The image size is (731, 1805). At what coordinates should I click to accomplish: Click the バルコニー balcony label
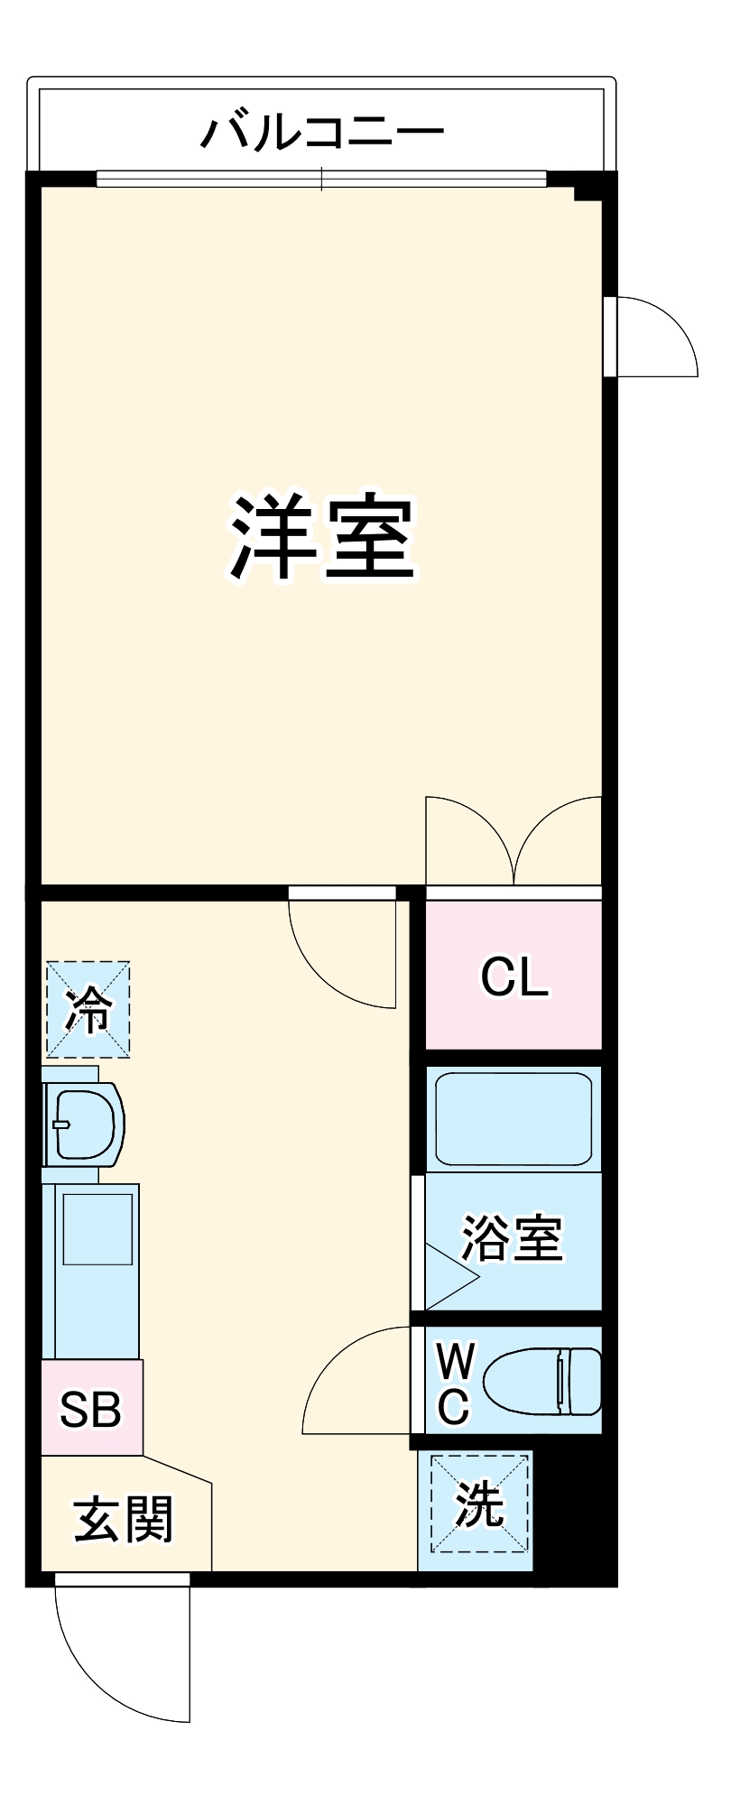(x=322, y=133)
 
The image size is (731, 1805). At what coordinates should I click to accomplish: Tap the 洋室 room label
(x=322, y=538)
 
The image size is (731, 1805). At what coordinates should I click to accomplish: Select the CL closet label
(x=514, y=977)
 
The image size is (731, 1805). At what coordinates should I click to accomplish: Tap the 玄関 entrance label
(x=123, y=1519)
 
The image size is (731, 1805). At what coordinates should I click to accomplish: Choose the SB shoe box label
(x=90, y=1409)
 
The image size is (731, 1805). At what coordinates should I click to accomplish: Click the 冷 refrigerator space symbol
(x=88, y=1009)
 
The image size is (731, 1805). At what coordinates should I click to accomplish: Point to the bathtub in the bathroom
(x=514, y=1119)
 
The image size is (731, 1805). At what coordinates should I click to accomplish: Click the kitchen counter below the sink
(x=92, y=1271)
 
